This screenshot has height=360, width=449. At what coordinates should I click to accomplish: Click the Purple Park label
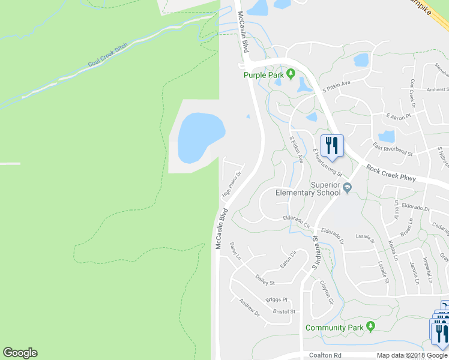(263, 75)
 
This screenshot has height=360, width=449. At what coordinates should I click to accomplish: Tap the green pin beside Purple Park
(291, 74)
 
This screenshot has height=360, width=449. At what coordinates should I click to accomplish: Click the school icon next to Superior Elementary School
(346, 189)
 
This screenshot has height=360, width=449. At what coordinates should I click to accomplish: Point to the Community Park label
(334, 328)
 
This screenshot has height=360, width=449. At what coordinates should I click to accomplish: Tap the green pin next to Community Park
(370, 327)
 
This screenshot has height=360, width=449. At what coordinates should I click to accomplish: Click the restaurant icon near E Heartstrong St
(331, 146)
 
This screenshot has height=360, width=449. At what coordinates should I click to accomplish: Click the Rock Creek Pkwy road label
(391, 173)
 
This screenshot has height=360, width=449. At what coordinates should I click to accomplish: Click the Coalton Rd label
(325, 355)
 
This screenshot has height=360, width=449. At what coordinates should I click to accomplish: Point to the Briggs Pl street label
(276, 299)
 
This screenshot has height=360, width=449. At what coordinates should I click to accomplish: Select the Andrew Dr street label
(249, 308)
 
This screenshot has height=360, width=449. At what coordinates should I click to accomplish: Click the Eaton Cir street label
(288, 260)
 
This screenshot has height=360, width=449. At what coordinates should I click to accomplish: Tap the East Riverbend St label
(393, 149)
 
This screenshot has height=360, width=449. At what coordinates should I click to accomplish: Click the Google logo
(20, 353)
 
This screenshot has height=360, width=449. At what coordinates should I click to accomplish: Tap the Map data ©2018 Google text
(412, 355)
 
